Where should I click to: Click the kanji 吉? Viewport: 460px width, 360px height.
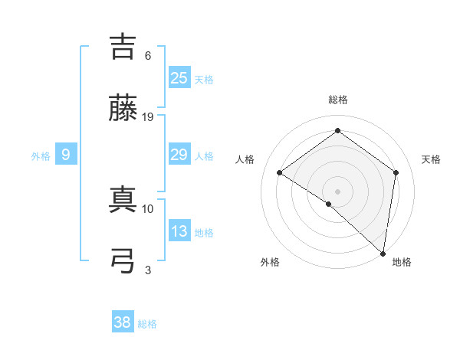click(x=123, y=47)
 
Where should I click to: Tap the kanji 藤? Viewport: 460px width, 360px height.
click(x=123, y=110)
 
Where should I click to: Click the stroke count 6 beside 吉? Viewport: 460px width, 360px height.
click(x=148, y=56)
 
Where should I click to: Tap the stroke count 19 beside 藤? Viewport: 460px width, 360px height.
click(x=148, y=117)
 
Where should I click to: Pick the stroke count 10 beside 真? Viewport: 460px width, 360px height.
click(x=148, y=208)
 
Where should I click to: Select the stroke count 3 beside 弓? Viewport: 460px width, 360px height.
click(x=148, y=270)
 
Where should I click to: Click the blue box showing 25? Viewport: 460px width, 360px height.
click(x=179, y=77)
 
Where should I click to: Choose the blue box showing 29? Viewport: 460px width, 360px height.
click(x=179, y=155)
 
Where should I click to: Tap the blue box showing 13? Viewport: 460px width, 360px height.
click(x=179, y=231)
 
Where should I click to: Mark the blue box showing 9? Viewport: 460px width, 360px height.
click(x=66, y=155)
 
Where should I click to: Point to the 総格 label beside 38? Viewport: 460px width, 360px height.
click(x=147, y=324)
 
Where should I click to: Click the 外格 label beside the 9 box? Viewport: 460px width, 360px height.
click(x=41, y=156)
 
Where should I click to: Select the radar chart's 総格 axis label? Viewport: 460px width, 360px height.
click(x=337, y=100)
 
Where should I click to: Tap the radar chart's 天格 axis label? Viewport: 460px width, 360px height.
click(x=431, y=159)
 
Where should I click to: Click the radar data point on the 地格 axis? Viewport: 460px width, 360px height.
click(x=383, y=253)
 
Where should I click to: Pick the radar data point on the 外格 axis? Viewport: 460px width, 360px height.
click(x=329, y=204)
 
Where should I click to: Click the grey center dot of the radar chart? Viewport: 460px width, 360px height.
click(x=337, y=191)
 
